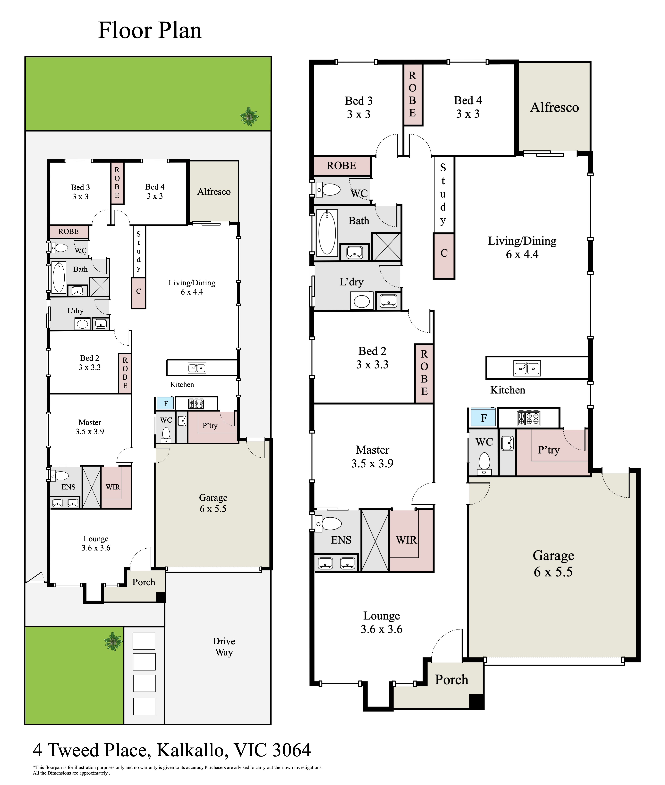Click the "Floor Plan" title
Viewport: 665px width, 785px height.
pos(150,31)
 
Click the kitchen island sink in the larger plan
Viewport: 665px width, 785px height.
pos(527,368)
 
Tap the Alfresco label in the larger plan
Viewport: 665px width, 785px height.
pos(554,107)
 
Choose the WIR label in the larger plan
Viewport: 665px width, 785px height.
pos(406,540)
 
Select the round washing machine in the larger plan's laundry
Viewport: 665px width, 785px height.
pos(362,301)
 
